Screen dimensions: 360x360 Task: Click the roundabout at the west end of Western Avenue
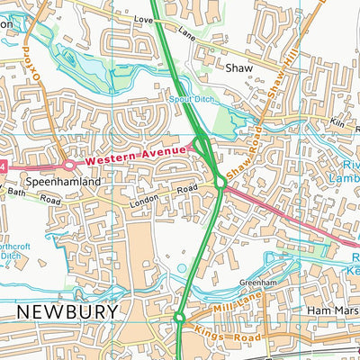(68, 165)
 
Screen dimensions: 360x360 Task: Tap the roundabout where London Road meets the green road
(220, 184)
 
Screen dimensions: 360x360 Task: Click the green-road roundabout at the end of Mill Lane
(179, 317)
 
